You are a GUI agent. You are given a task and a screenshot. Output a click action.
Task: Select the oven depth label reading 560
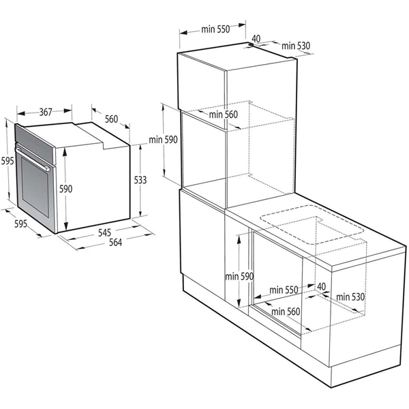tap(111, 119)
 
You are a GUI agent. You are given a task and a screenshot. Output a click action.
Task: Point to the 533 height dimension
tap(140, 180)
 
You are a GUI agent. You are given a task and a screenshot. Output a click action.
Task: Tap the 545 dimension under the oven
tap(104, 232)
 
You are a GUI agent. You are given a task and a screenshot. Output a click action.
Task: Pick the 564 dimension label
tap(115, 244)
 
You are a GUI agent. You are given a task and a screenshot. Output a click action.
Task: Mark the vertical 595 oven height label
tap(7, 161)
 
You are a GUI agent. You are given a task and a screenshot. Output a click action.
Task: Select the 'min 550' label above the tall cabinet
tap(214, 29)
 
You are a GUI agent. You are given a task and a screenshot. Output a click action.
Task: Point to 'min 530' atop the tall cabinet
tap(295, 46)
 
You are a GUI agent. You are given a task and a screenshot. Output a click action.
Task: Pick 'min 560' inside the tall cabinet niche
tap(224, 115)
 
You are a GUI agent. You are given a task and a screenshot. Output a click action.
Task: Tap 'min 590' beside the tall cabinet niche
tap(163, 140)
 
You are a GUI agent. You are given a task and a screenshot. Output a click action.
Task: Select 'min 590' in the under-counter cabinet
tap(240, 276)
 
